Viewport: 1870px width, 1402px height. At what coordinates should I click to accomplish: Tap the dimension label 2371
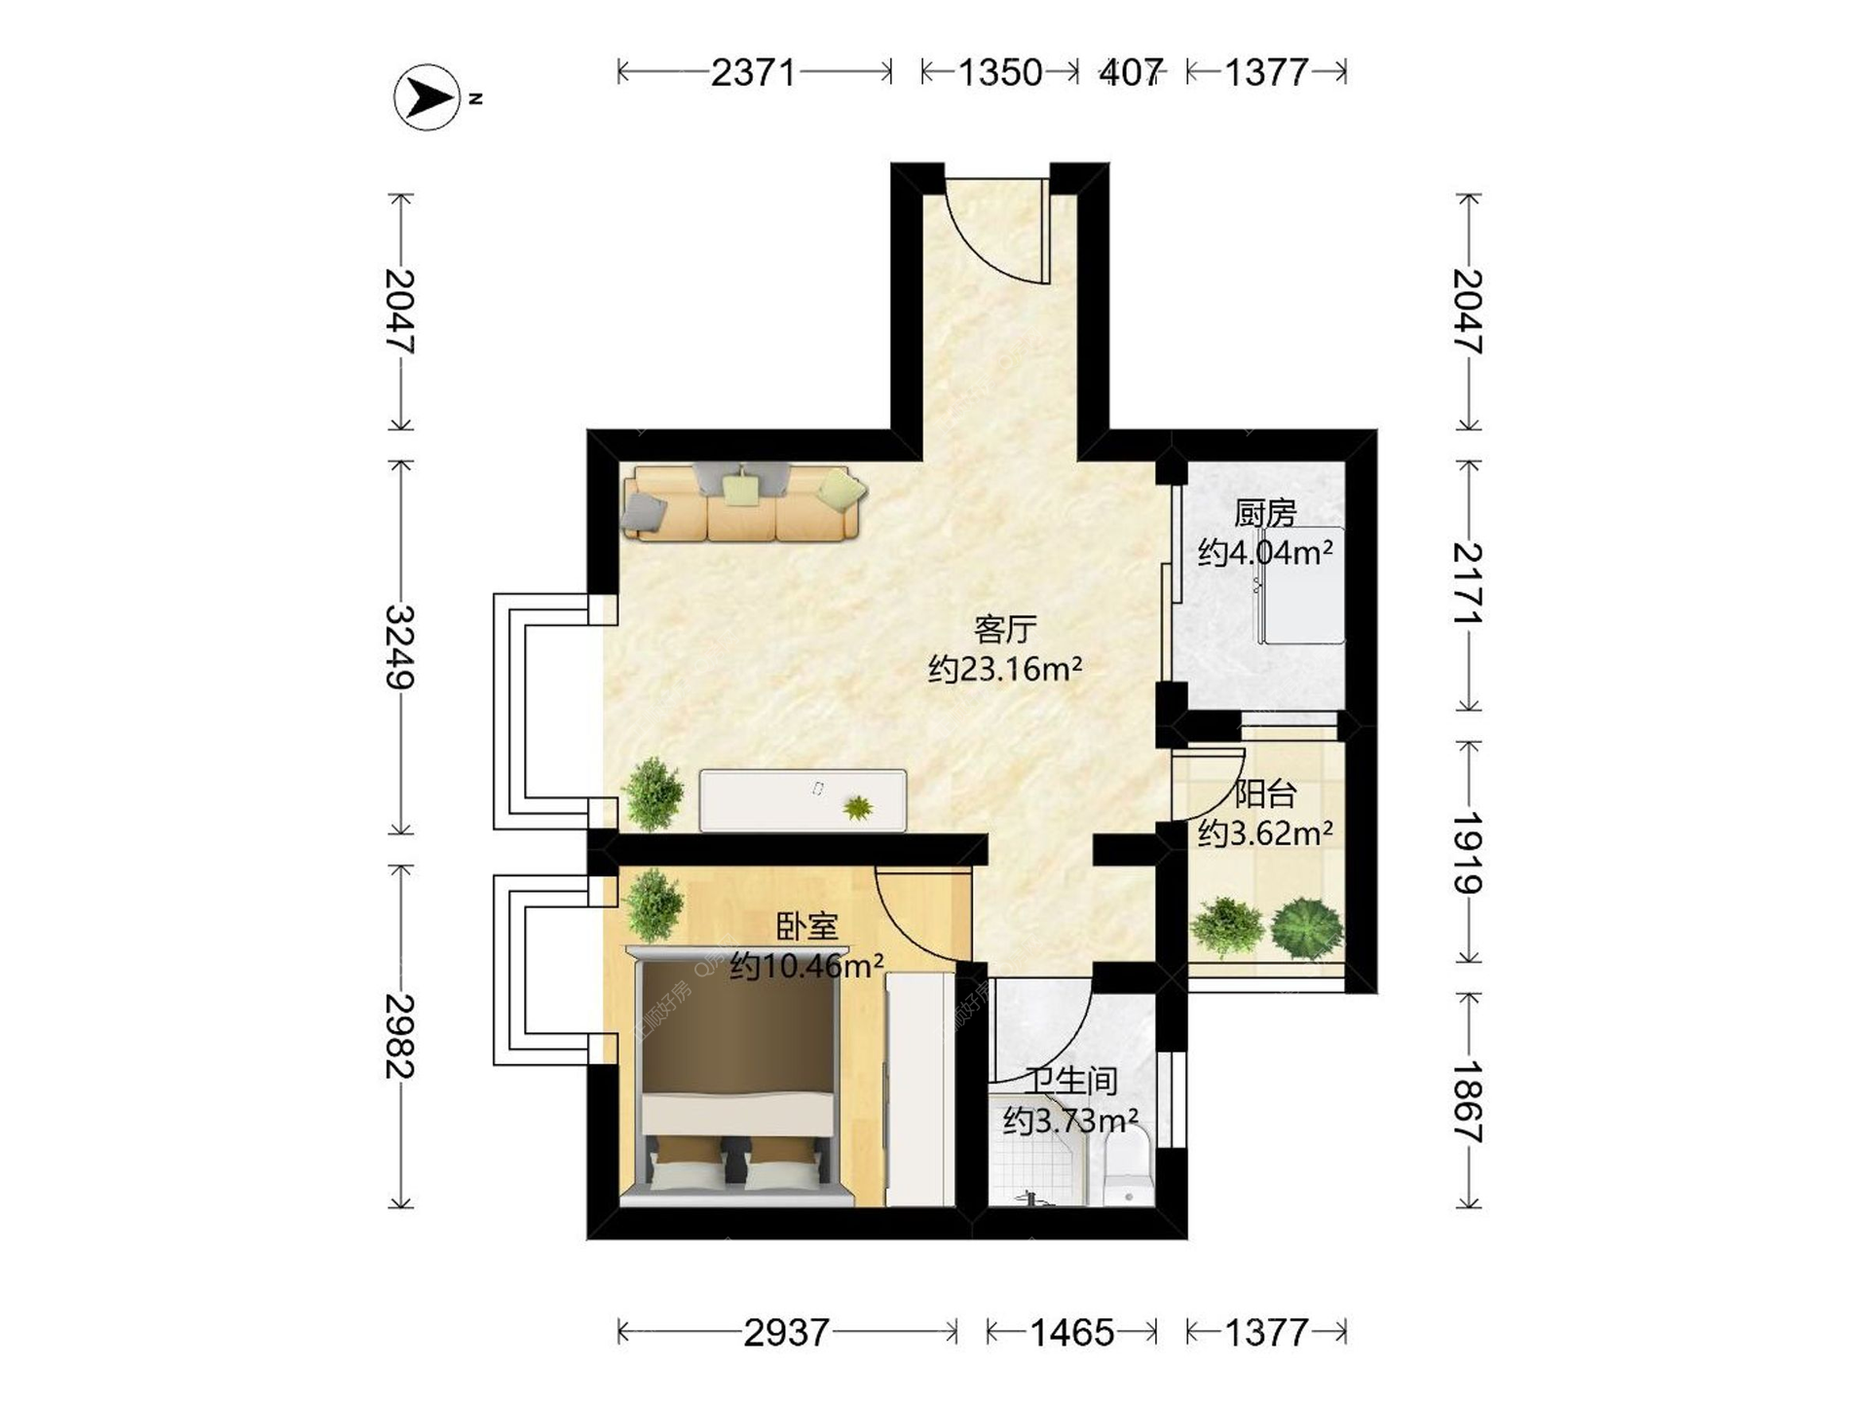(753, 72)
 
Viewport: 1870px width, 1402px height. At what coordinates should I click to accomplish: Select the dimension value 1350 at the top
(1000, 72)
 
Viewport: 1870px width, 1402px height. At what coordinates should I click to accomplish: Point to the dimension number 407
(1131, 72)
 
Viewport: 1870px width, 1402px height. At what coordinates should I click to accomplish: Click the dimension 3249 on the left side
(400, 646)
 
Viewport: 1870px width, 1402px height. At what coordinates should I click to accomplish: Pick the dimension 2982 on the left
(400, 1036)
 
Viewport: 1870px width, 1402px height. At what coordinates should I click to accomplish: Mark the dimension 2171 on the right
(1468, 584)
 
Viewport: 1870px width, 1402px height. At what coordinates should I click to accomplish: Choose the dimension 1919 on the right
(1468, 853)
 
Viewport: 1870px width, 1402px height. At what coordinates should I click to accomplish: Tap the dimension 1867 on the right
(1468, 1101)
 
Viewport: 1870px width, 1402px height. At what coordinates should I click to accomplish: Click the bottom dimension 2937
(786, 1332)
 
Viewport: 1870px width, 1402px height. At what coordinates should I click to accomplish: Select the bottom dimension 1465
(1071, 1332)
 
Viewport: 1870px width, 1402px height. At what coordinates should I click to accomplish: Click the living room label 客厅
(1004, 629)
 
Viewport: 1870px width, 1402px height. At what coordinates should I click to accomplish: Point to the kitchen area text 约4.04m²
(1265, 553)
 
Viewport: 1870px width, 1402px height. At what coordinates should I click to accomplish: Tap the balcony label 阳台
(1265, 793)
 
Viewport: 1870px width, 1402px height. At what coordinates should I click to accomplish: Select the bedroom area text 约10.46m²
(806, 966)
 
